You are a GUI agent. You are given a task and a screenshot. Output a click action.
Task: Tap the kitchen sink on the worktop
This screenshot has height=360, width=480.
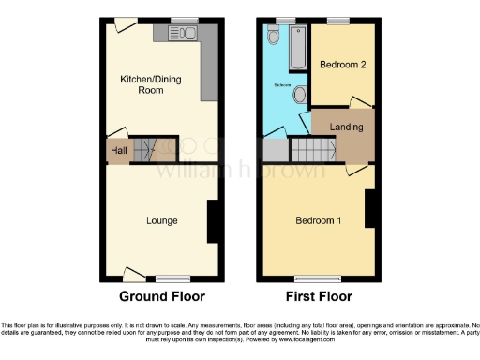[185, 34]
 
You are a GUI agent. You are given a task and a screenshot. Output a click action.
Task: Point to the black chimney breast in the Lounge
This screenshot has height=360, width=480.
[213, 223]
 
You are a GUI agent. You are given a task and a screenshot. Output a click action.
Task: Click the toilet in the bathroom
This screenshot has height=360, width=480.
[273, 36]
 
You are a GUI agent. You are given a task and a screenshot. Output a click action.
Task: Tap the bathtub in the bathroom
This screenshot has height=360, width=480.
[297, 48]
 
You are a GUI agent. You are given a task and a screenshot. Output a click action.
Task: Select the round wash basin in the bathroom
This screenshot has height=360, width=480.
[300, 94]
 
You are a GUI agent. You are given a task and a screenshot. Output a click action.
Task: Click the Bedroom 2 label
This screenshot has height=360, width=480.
[342, 66]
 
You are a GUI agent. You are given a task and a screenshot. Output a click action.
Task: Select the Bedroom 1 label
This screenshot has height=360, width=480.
[319, 221]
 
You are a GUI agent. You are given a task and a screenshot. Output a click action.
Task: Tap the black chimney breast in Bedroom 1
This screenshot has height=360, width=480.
[371, 208]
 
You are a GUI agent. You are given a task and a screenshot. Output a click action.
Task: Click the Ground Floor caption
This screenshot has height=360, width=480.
[161, 296]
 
